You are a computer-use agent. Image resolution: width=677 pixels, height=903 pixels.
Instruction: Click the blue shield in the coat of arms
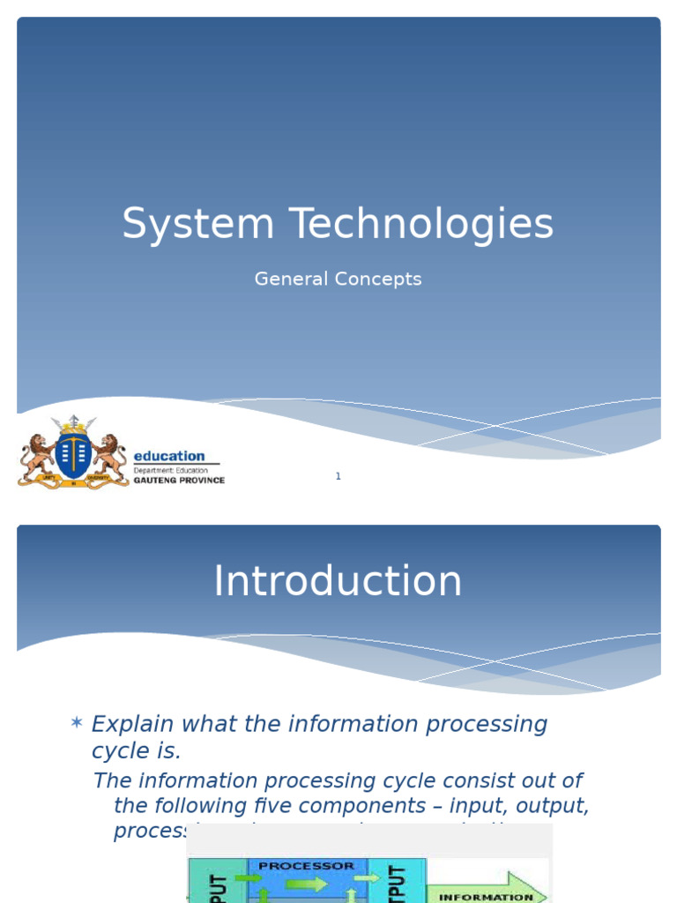pos(73,453)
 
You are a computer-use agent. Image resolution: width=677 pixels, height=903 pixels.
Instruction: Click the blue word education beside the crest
pos(168,456)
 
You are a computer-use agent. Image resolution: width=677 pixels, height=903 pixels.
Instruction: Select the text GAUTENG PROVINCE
pos(179,481)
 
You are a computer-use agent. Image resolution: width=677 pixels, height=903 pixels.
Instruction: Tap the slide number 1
pos(338,476)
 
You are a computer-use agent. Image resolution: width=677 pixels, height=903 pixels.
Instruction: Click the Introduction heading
pos(338,582)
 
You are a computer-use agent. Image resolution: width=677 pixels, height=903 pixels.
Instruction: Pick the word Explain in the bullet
pos(131,725)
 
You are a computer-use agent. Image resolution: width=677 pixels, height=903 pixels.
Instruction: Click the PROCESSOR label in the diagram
pos(307,866)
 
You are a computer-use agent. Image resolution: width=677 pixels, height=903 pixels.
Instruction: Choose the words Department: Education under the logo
pos(171,471)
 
